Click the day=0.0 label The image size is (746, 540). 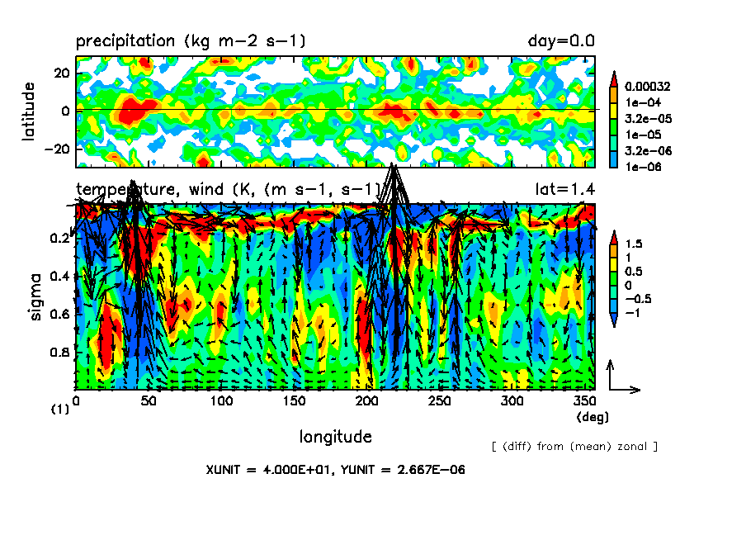[561, 41]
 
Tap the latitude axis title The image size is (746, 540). [29, 111]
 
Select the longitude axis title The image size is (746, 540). [335, 436]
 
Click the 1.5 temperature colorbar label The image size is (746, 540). [634, 244]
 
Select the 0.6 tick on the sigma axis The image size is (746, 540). [59, 315]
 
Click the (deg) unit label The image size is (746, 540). [593, 418]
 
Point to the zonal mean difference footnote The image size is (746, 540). [574, 447]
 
